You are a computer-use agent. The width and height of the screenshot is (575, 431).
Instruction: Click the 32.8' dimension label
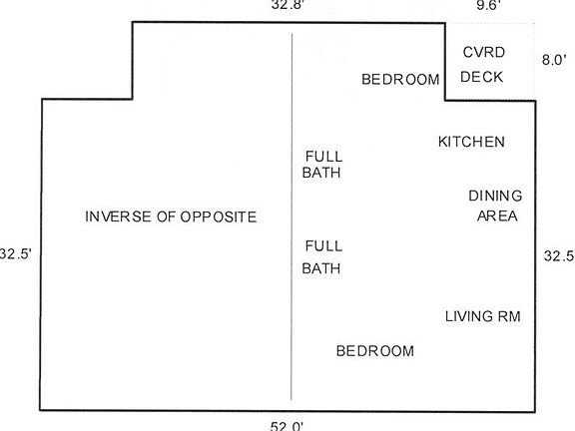point(287,5)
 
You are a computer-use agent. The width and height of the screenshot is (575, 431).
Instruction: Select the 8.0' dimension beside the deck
point(553,60)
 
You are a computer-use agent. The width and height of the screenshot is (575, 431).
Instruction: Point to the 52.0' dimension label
point(286,425)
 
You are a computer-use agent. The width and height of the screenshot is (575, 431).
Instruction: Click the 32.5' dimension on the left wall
point(15,253)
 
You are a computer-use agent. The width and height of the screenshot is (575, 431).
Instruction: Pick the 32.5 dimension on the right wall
point(558,255)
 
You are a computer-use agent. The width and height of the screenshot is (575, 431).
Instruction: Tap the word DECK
point(482,77)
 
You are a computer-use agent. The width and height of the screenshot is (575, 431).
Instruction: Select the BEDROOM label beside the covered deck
point(400,79)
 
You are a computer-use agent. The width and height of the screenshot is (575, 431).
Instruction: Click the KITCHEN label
point(471,142)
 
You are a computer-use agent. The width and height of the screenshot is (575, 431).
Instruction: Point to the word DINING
point(495,196)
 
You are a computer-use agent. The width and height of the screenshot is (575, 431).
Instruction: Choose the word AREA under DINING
point(496,215)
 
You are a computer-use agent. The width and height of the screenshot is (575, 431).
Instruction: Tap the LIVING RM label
point(482,317)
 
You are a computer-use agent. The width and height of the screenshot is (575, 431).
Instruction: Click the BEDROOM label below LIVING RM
point(374,351)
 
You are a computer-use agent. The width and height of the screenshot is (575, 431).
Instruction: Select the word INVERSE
point(118,216)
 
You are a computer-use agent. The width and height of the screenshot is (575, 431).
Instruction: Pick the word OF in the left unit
point(165,216)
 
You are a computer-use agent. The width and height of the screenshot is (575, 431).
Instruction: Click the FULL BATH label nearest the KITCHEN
point(322,165)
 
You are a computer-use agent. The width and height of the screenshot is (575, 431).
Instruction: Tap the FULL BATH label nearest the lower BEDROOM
point(322,256)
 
